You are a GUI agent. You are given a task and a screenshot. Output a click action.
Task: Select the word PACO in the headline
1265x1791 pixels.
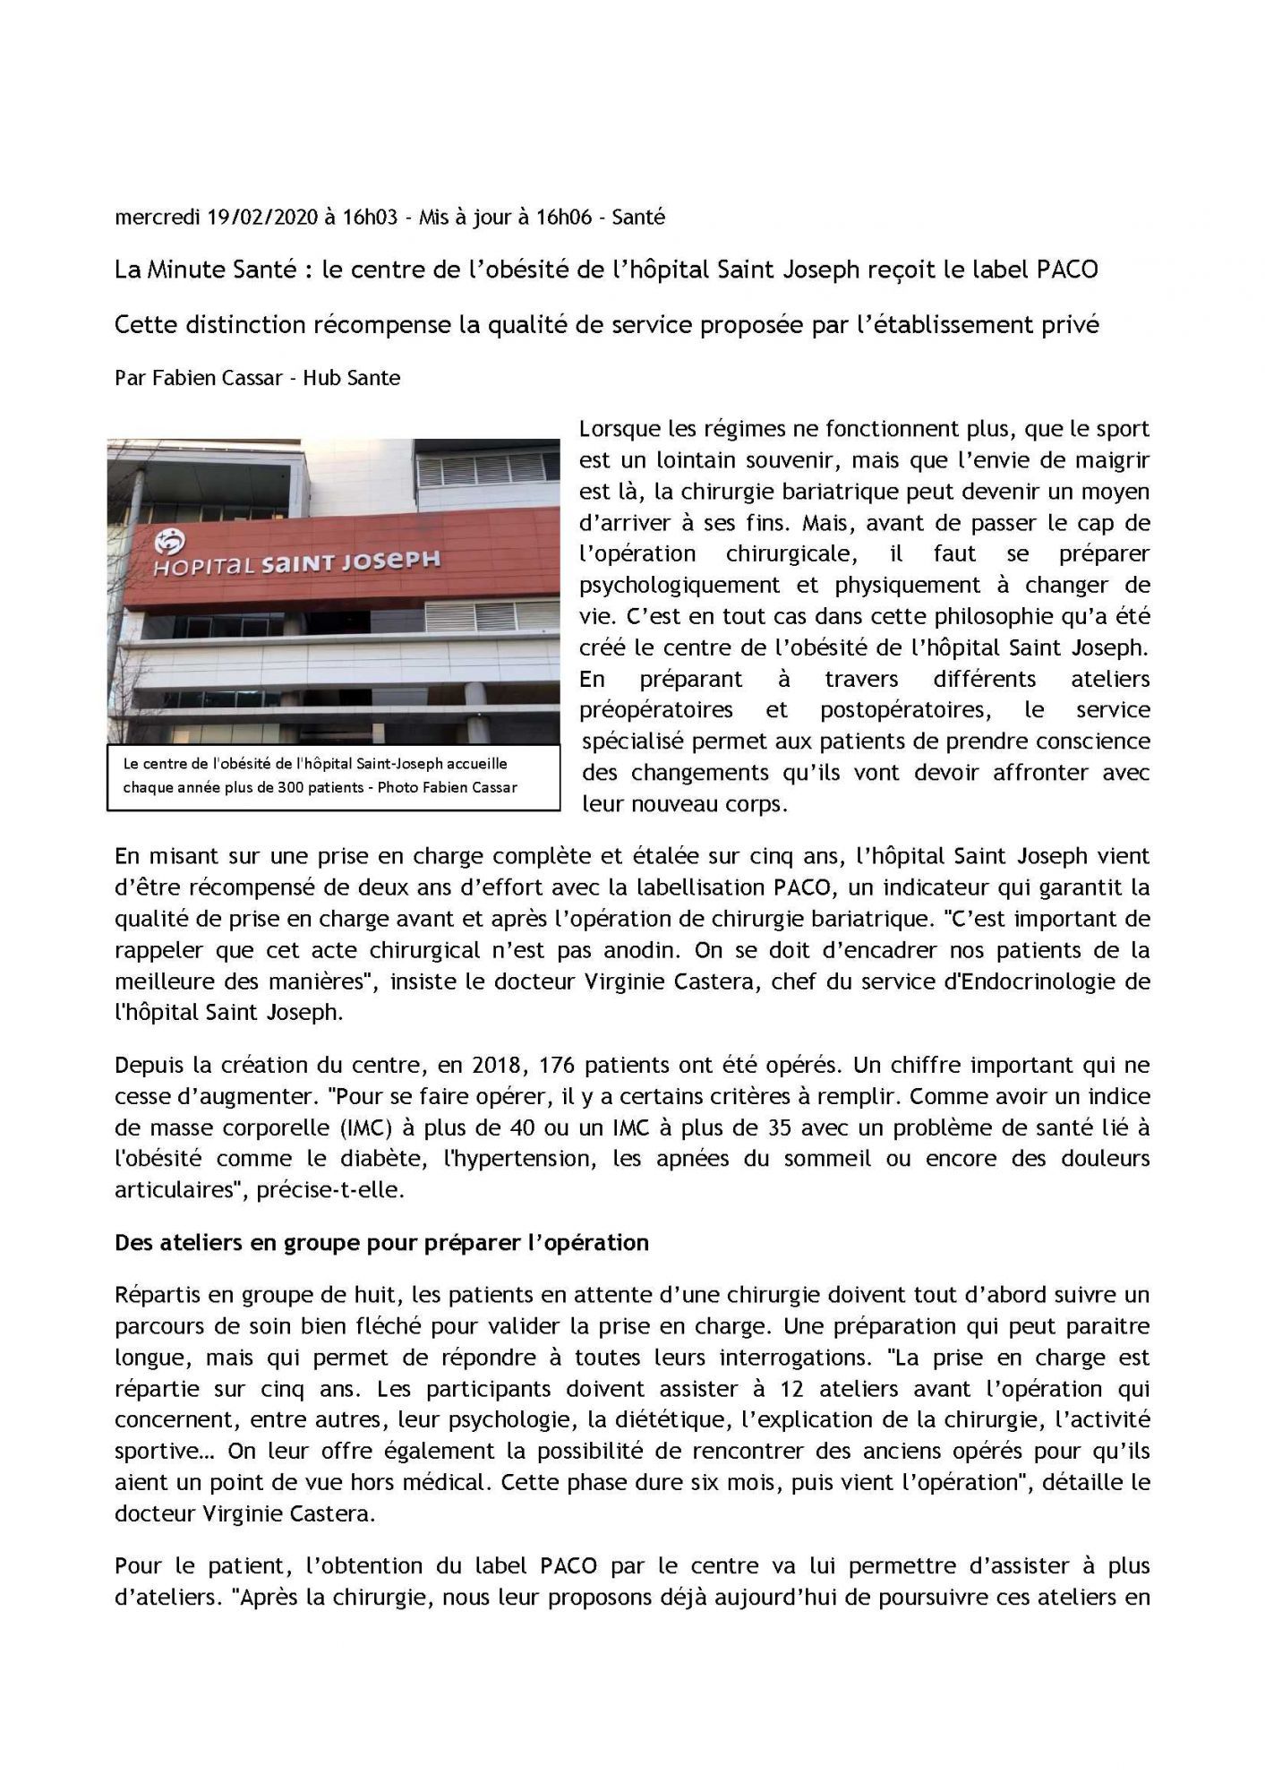1067,270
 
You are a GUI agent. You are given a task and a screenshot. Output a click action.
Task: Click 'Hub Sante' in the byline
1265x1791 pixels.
351,378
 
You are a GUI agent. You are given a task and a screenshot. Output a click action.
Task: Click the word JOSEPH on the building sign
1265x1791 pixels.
395,561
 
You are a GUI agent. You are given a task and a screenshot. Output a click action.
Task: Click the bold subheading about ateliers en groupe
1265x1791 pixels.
381,1243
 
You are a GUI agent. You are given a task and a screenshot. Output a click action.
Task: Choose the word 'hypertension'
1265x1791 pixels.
518,1160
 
